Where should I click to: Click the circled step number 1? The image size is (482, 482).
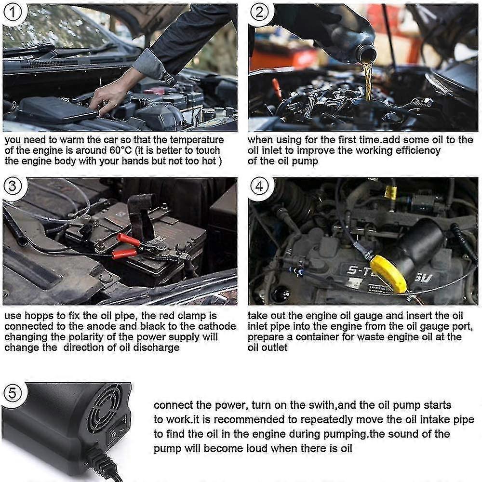(x=13, y=13)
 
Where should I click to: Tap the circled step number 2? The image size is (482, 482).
(x=259, y=13)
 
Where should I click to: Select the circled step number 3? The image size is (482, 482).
(x=13, y=186)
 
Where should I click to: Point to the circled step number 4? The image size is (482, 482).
(x=259, y=186)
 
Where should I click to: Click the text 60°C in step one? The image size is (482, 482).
(x=120, y=150)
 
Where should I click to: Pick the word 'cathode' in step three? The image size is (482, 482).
(x=217, y=326)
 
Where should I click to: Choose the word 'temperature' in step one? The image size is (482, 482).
(x=197, y=140)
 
